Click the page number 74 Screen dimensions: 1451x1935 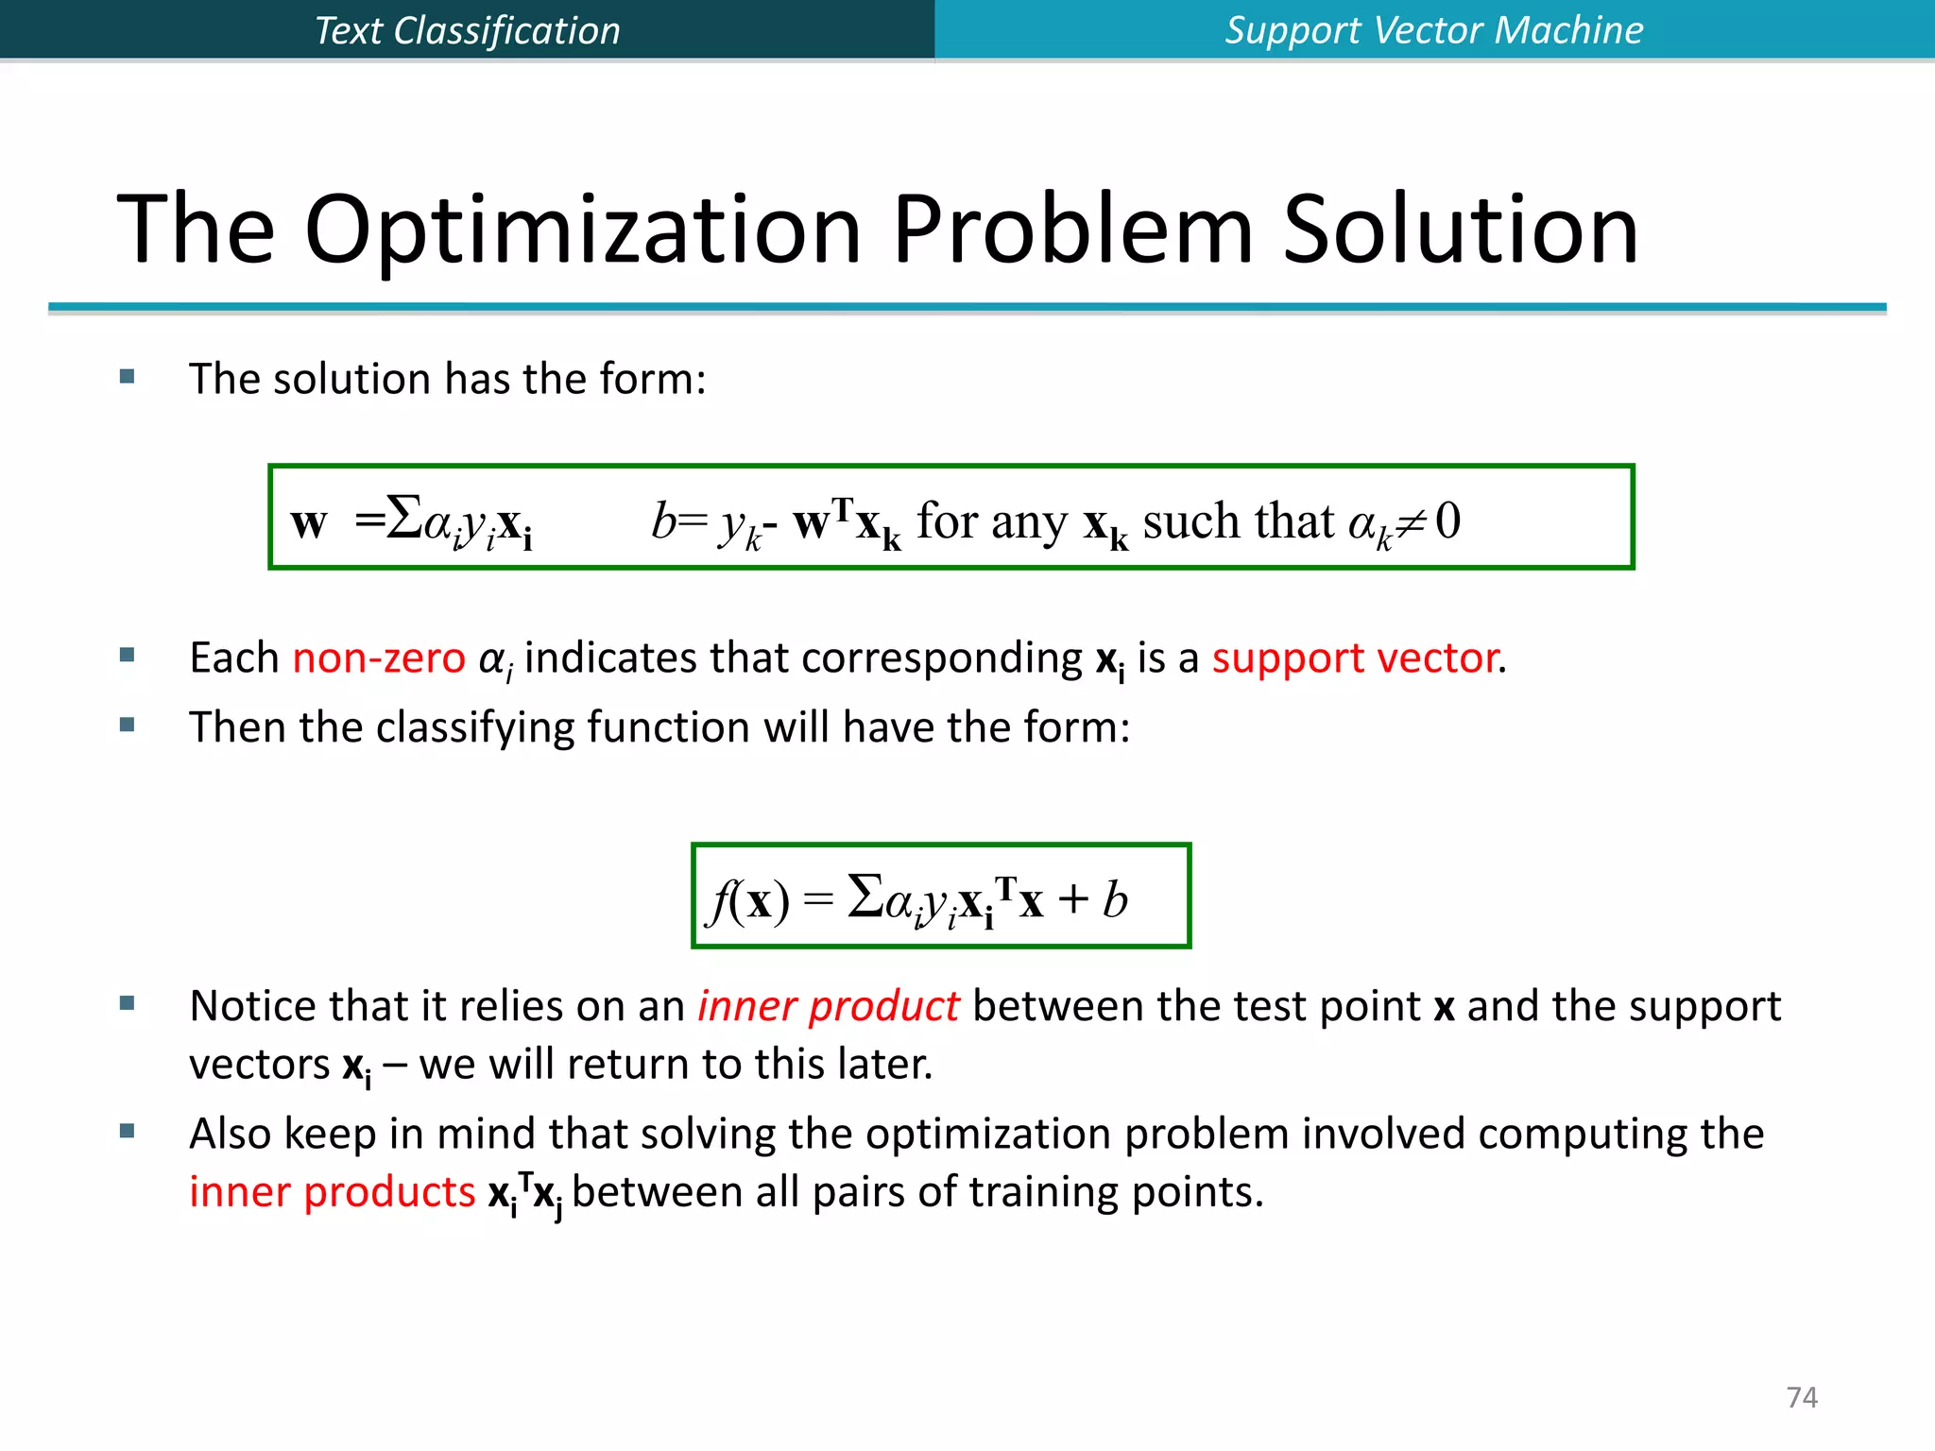1802,1397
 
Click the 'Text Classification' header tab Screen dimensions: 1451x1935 467,30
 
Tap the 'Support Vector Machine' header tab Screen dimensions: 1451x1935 1433,30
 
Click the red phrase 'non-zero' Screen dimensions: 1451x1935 379,657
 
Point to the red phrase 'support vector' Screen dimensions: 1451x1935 1355,657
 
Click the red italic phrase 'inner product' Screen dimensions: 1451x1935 828,1006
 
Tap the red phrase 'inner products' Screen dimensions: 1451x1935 332,1192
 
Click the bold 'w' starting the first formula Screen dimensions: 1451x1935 309,522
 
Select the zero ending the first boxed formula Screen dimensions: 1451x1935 1447,521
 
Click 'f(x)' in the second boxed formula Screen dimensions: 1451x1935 750,899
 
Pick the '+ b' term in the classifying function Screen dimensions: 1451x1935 1093,898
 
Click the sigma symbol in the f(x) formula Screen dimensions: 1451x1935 865,896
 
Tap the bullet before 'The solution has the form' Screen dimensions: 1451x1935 128,377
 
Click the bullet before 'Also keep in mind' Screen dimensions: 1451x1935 128,1131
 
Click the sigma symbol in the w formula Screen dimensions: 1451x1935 404,518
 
